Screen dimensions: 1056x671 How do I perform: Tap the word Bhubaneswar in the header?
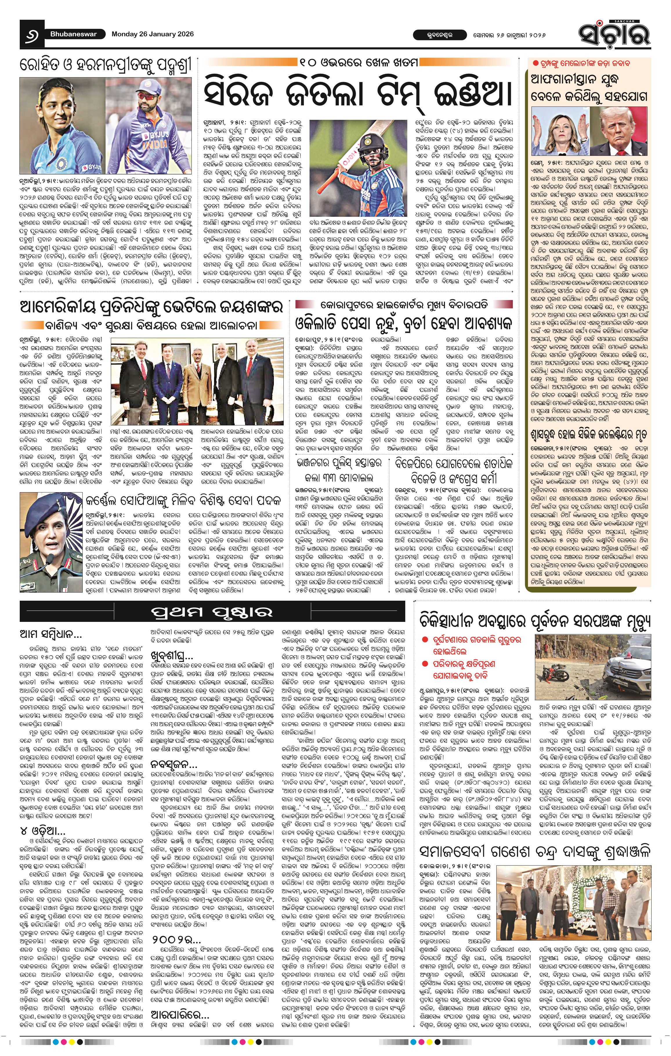[73, 34]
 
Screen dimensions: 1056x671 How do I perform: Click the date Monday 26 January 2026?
[153, 34]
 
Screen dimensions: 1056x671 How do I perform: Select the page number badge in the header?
[32, 34]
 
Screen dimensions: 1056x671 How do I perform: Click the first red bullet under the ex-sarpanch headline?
[424, 640]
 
